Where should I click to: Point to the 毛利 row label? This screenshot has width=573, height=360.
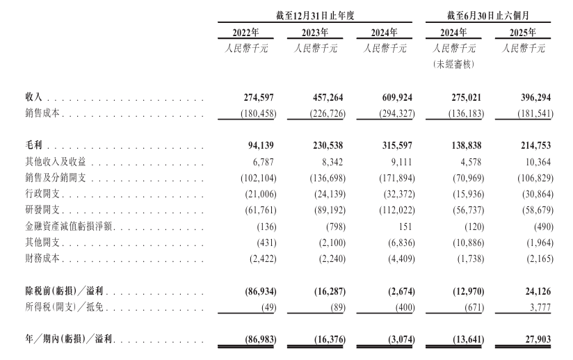click(x=34, y=147)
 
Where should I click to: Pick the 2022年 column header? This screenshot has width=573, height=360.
click(x=245, y=33)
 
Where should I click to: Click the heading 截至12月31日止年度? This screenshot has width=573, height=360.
click(x=314, y=15)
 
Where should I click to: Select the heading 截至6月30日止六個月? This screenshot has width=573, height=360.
click(x=488, y=15)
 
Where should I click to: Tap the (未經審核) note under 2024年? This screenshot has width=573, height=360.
click(x=454, y=64)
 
